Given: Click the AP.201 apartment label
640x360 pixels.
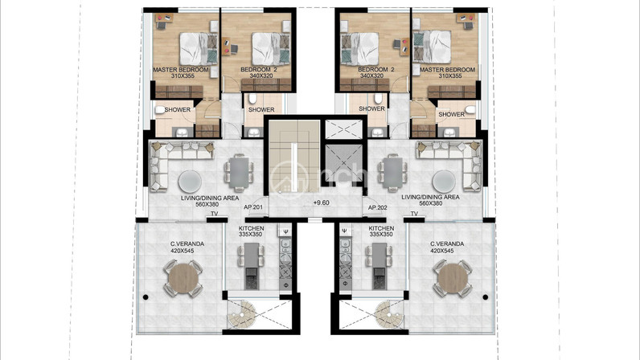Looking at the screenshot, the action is [253, 207].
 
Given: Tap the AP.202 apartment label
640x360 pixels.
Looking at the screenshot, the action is [378, 208].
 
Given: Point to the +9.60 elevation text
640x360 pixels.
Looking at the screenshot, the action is [322, 202].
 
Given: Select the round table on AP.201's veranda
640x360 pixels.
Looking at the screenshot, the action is [183, 278].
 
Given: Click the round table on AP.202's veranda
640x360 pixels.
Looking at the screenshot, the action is [453, 278].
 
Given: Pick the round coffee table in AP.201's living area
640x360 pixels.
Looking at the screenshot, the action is [190, 182].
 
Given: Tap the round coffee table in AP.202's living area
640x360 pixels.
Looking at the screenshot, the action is [444, 182].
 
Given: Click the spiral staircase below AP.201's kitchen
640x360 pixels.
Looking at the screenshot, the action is [242, 314].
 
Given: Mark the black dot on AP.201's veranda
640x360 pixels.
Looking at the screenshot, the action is [146, 297].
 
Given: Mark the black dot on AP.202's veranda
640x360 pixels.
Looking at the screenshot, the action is [486, 297].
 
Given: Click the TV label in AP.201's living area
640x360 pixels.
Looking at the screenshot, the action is [215, 214].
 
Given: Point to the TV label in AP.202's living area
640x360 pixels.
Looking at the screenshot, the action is [414, 214].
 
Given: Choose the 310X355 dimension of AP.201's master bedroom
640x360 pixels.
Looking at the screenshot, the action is [183, 76].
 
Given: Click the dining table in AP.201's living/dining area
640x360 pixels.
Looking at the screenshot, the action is [238, 173].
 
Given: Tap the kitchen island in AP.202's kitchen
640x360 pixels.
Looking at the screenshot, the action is [379, 266].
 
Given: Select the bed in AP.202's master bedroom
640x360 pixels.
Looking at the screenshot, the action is [433, 47].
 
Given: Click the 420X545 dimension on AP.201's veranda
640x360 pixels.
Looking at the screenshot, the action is [183, 251].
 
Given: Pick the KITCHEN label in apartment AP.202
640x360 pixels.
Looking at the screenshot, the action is [381, 228].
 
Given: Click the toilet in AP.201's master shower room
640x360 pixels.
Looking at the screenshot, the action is [160, 109].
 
